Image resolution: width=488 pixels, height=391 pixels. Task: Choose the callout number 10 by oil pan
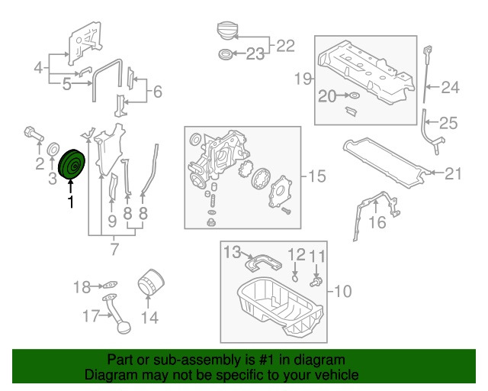pos(343,290)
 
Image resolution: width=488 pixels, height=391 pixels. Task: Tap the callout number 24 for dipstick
pos(450,88)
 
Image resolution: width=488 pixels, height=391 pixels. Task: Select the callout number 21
pos(453,174)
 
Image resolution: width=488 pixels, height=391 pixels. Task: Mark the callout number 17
pos(91,315)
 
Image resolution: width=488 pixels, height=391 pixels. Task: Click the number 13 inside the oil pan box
pos(231,251)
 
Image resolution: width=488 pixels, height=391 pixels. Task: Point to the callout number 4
pos(38,69)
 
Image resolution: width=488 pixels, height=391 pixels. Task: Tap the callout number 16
pos(377,222)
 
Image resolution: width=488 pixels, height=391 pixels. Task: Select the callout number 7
pos(115,248)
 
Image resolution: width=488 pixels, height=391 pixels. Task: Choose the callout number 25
pos(448,122)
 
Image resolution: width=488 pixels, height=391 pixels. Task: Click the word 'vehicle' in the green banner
pos(332,376)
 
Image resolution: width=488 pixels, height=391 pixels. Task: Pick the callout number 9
pos(112,223)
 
